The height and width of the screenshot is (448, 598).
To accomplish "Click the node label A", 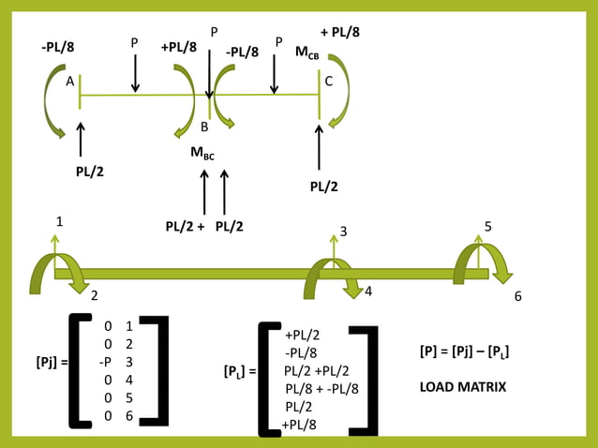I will (x=69, y=82).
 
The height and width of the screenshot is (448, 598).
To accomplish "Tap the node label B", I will (x=204, y=127).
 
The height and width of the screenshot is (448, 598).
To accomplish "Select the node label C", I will (x=328, y=82).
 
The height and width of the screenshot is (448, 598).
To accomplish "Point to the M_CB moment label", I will (x=306, y=54).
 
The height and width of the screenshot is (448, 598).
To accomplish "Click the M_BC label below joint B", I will (x=202, y=154).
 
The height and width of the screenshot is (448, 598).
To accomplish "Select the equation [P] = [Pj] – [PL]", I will (x=464, y=351).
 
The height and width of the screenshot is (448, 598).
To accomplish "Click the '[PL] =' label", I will (x=240, y=371).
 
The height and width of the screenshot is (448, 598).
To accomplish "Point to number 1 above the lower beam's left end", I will (x=59, y=222).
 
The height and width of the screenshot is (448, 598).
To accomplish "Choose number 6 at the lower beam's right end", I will (x=518, y=296).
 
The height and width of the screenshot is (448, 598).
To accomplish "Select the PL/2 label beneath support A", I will (x=91, y=172).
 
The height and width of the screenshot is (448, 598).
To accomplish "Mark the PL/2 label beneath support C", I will (x=324, y=187).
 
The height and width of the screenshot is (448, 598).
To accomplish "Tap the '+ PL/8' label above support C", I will (x=340, y=32).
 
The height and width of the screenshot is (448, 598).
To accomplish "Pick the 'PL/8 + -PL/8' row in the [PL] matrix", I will (x=321, y=388).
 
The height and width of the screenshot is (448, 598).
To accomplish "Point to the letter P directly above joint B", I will (x=214, y=32).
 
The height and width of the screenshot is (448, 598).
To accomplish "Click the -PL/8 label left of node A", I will (x=59, y=47).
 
